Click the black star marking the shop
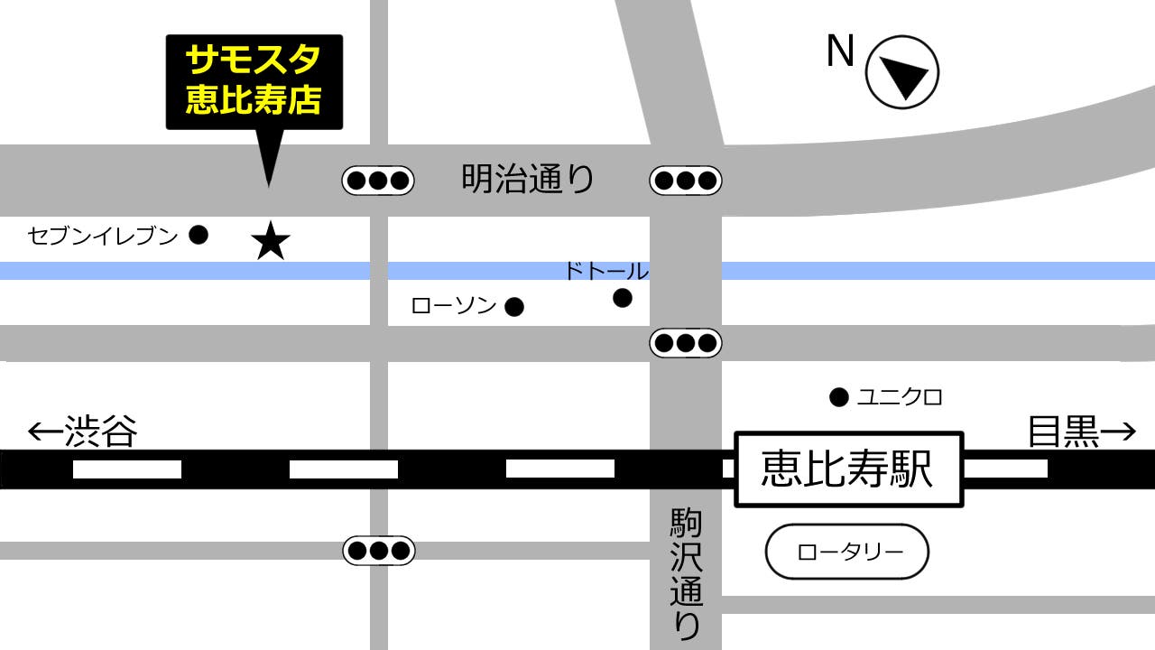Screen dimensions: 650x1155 (x=270, y=242)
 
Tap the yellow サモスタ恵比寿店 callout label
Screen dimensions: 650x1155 (x=254, y=81)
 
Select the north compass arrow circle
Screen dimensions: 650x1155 (x=901, y=73)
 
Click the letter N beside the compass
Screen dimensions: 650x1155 (x=840, y=53)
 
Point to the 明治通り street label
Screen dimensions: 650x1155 (x=528, y=179)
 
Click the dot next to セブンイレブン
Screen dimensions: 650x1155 (x=199, y=236)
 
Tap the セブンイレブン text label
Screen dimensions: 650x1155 (x=103, y=237)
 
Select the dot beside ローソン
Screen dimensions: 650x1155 (x=513, y=307)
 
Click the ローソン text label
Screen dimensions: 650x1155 (x=454, y=306)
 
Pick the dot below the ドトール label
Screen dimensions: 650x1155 (x=622, y=297)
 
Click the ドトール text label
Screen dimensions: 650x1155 (x=605, y=271)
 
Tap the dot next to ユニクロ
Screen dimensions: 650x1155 (x=839, y=396)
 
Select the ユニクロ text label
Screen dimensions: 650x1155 (x=900, y=396)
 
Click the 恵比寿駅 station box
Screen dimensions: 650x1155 (x=848, y=469)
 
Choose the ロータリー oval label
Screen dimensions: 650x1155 (x=846, y=552)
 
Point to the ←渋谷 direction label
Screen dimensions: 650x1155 (x=83, y=432)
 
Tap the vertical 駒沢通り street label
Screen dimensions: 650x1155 (x=685, y=572)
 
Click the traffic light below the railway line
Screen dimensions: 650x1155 (x=378, y=550)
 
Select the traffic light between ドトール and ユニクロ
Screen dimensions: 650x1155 (x=685, y=343)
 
